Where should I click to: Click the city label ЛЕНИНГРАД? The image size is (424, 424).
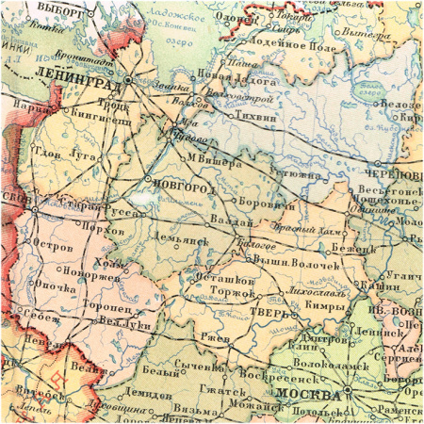[76, 83]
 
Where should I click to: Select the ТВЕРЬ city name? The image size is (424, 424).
[268, 311]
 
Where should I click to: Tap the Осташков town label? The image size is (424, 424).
[224, 281]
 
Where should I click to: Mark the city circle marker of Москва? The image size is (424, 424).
[347, 388]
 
